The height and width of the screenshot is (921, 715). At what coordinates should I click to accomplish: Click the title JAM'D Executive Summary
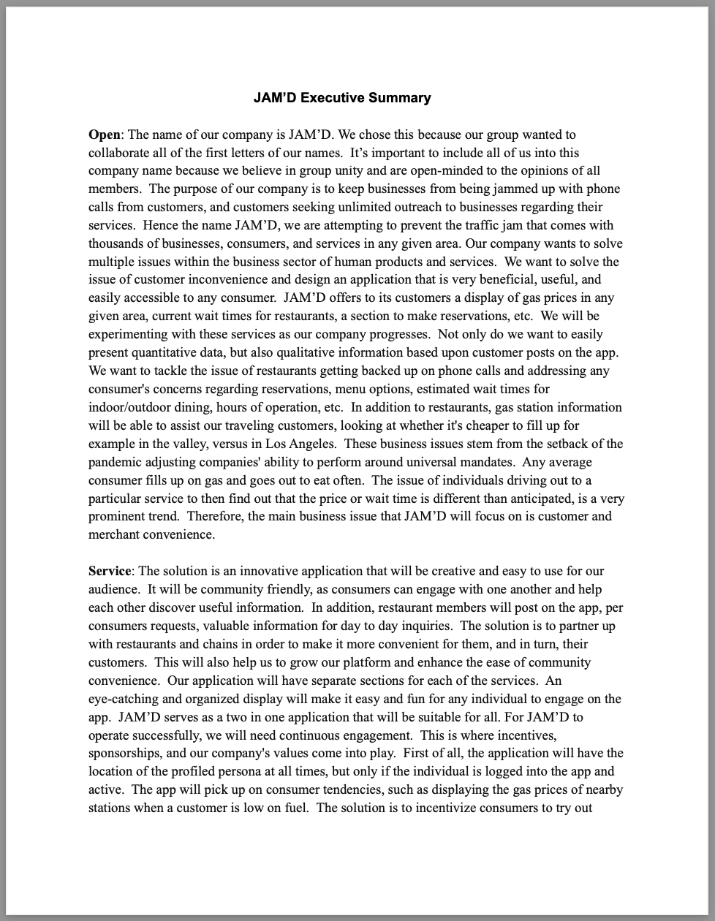pos(342,98)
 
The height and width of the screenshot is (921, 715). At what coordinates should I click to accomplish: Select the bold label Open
pos(104,134)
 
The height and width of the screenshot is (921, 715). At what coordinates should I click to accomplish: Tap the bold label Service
pos(110,571)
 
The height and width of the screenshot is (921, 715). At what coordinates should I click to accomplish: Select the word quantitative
pos(166,352)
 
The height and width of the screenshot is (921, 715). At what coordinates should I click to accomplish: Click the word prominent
pos(118,516)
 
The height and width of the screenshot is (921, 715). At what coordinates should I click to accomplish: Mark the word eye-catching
pos(124,699)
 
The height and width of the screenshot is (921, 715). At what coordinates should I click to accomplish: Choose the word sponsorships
pos(124,753)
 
